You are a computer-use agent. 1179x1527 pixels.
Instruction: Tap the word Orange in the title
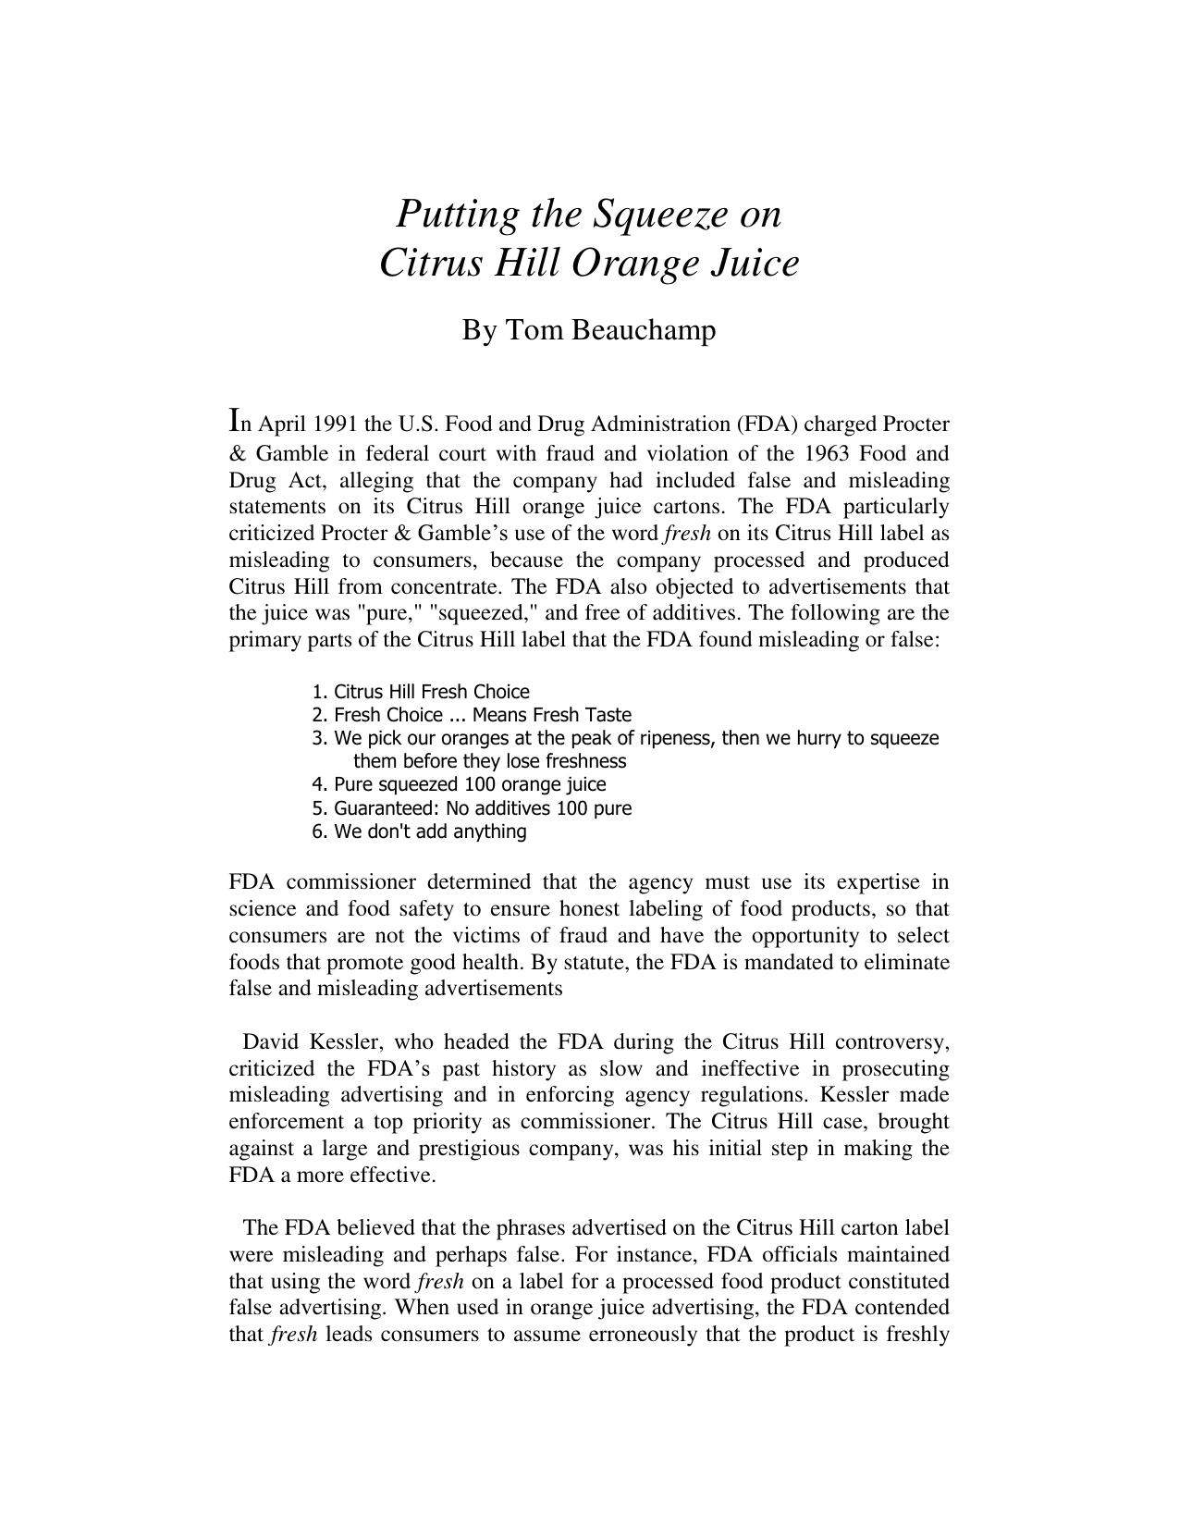pyautogui.click(x=636, y=264)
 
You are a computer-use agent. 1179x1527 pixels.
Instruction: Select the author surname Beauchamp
pyautogui.click(x=644, y=330)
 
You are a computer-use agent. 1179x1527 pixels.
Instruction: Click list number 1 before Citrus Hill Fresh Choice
pyautogui.click(x=319, y=692)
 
